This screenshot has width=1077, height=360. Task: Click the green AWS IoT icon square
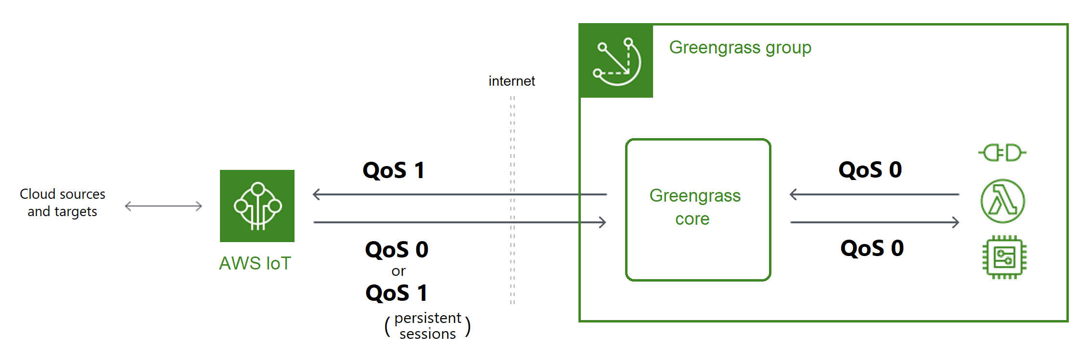(257, 206)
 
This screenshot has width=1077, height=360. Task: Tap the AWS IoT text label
(255, 263)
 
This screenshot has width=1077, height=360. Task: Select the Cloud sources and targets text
(63, 203)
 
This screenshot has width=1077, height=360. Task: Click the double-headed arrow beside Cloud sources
(163, 206)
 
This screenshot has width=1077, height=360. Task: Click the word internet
(512, 81)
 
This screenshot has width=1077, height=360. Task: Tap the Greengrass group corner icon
(616, 61)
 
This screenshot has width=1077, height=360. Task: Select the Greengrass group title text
(740, 48)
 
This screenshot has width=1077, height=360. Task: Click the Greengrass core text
(694, 207)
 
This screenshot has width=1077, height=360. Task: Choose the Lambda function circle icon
(1003, 201)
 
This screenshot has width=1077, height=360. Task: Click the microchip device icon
(1004, 257)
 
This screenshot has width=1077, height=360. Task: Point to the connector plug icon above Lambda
(1002, 153)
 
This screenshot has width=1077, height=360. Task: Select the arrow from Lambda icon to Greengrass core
(874, 194)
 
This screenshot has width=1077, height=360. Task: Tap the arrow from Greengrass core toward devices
(874, 222)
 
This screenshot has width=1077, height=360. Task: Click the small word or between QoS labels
(398, 271)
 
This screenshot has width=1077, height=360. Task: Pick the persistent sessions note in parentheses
(427, 326)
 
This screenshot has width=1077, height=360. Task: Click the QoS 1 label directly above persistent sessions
(397, 293)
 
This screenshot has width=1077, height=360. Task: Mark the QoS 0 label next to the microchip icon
(872, 248)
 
